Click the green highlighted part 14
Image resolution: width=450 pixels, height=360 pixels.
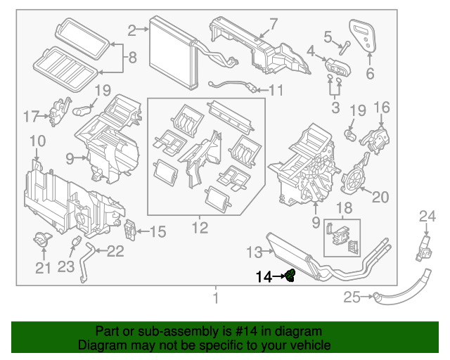click(290, 276)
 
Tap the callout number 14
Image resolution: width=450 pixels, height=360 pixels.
click(264, 276)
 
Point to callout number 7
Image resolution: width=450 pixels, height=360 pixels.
click(274, 23)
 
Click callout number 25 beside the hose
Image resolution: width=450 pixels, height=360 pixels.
click(352, 297)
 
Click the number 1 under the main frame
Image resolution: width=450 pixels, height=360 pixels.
click(215, 298)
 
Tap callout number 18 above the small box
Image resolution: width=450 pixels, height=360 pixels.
click(344, 207)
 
